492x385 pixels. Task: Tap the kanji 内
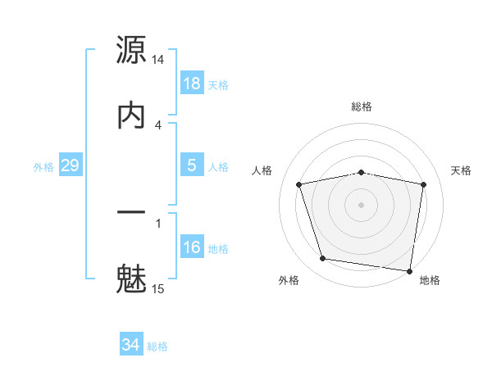click(x=131, y=115)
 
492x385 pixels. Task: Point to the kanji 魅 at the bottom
click(x=131, y=277)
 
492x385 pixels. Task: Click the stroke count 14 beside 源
click(x=158, y=61)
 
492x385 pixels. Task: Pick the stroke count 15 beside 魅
click(x=158, y=288)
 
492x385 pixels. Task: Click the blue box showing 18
click(x=192, y=84)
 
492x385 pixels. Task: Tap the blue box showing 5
click(x=192, y=165)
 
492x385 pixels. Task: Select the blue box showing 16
click(x=192, y=247)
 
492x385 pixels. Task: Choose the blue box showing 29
click(x=71, y=165)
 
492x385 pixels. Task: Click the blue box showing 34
click(x=131, y=345)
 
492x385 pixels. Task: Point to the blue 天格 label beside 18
click(x=218, y=85)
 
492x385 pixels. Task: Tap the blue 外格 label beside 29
click(x=43, y=167)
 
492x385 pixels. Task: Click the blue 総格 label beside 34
click(x=157, y=346)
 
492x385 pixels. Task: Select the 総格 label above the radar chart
click(x=362, y=106)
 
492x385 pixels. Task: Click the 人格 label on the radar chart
click(x=264, y=170)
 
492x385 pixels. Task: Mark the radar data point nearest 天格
click(x=424, y=184)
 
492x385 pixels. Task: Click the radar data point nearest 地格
click(x=410, y=270)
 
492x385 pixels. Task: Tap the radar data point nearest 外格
click(x=323, y=259)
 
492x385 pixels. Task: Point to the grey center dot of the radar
click(x=362, y=204)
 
